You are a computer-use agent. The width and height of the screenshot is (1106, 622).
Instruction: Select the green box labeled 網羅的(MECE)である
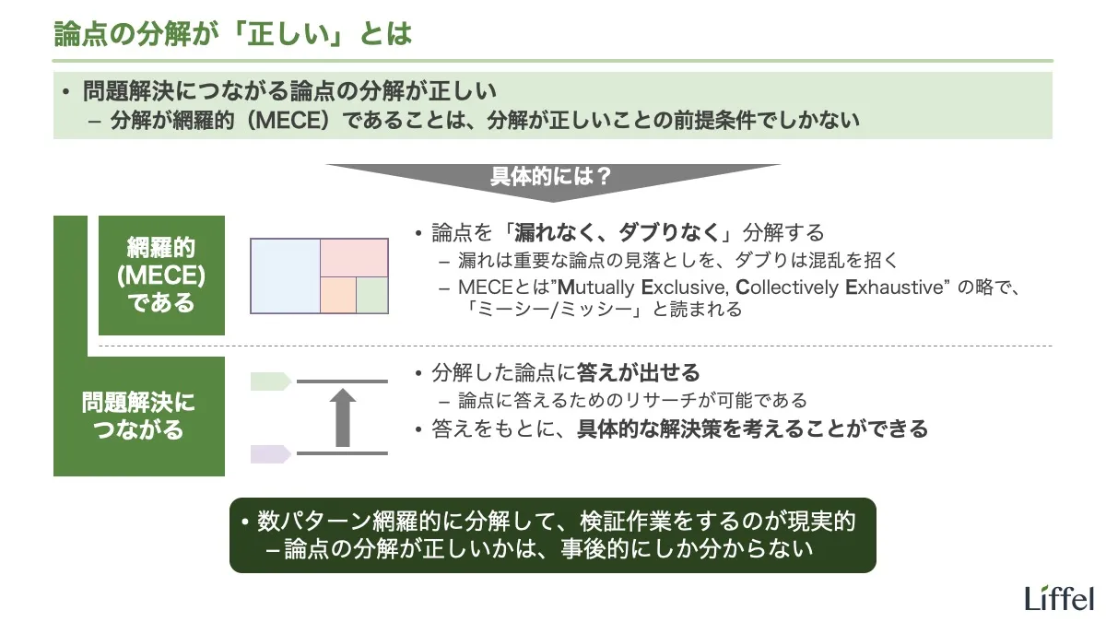(161, 276)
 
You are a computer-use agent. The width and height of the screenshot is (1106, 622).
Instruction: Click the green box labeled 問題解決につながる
(138, 417)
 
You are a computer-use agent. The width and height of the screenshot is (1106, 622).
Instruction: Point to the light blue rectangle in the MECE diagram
(286, 276)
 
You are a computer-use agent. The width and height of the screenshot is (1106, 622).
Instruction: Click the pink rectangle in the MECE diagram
(354, 257)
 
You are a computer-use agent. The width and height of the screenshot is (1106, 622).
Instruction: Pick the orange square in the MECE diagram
(338, 294)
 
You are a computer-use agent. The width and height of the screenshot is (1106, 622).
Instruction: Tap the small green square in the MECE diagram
(372, 294)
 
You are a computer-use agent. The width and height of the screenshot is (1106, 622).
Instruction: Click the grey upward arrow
(343, 417)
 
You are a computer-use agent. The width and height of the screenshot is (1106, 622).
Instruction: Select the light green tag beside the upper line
(271, 381)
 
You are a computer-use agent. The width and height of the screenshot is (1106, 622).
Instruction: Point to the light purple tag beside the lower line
(271, 453)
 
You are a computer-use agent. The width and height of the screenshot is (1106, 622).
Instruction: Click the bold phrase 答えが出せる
(638, 373)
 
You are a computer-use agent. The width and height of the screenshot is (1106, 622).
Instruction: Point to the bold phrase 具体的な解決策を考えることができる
(752, 428)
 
